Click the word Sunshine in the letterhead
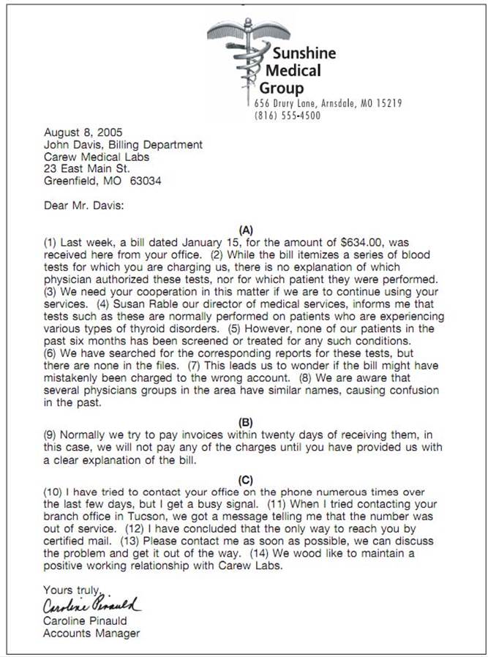(x=304, y=53)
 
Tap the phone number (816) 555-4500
(x=287, y=116)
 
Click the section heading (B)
(x=246, y=422)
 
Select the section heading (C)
(x=246, y=480)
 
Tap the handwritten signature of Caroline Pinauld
(x=91, y=606)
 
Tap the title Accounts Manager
(x=91, y=633)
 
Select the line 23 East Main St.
(x=87, y=169)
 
